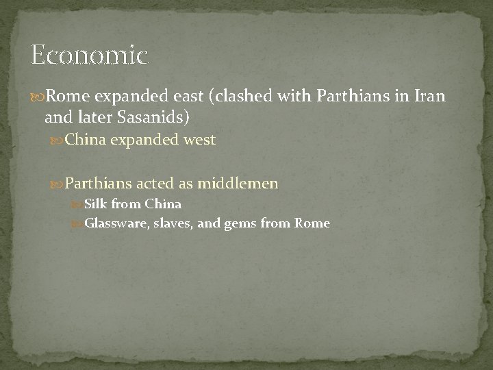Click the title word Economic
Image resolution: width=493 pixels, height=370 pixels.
pos(89,56)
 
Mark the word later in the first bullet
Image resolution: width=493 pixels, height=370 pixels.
pos(87,117)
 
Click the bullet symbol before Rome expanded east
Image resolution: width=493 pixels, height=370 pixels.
pos(37,98)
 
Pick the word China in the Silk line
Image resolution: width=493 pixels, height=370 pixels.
pos(162,203)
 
